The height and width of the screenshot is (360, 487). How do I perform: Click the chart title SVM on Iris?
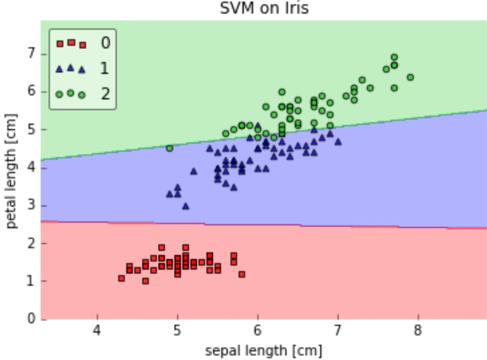tap(264, 8)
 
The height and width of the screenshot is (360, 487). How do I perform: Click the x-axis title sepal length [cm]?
tap(264, 351)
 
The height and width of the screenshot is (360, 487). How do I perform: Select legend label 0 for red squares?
tap(106, 43)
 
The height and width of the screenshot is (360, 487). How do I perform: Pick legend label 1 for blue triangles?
tap(105, 68)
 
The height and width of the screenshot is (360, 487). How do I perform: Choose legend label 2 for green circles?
tap(106, 93)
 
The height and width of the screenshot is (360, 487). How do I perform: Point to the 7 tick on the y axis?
tap(32, 54)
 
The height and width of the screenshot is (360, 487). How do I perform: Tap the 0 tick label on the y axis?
tap(32, 318)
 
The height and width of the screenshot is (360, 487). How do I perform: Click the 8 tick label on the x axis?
tap(418, 330)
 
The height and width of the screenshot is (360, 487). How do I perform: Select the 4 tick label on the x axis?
tap(97, 330)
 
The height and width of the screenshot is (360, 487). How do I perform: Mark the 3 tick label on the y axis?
tap(32, 205)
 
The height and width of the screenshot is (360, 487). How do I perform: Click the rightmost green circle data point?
tap(410, 77)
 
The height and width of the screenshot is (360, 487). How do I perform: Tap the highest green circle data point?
tap(394, 58)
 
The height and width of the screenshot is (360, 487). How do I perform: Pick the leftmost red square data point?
tap(121, 279)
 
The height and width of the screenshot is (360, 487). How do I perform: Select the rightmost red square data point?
tap(242, 274)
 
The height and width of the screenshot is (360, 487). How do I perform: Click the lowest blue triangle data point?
tap(186, 206)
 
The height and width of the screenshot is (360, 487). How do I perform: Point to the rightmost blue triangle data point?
tap(338, 142)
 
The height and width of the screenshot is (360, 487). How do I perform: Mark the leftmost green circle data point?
tap(170, 148)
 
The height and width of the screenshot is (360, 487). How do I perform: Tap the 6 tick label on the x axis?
tap(257, 330)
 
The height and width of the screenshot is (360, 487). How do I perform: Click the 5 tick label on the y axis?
tap(32, 129)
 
